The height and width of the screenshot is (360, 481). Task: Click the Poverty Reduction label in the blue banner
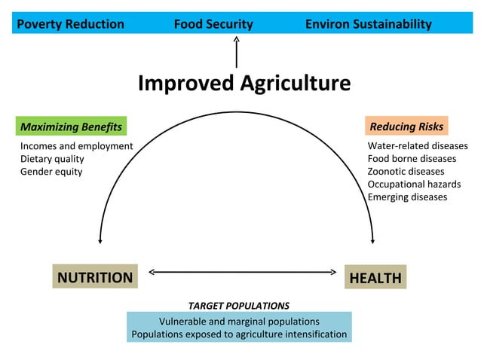coord(70,24)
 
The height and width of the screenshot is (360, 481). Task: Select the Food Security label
coord(213,24)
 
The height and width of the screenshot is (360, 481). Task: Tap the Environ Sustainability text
coord(368,24)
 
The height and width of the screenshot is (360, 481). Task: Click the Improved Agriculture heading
coord(244,84)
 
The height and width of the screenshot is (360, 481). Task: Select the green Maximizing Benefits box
coord(71,126)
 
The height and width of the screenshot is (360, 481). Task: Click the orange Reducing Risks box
coord(406,126)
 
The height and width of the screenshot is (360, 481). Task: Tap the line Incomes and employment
coord(76,146)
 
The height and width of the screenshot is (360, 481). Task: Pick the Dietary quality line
coord(52,159)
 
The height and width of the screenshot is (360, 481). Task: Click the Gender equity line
coord(51,172)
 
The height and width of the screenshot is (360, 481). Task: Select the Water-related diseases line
coord(417,146)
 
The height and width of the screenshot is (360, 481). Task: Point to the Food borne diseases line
coord(412,159)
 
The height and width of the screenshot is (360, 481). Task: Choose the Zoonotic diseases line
coord(406,172)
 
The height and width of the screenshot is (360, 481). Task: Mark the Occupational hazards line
coord(414,185)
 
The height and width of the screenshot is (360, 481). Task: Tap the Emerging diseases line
coord(407,197)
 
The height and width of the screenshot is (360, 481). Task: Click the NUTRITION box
coord(95,277)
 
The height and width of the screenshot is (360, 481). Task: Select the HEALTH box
coord(375,278)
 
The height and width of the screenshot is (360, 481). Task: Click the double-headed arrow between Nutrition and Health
coord(241,272)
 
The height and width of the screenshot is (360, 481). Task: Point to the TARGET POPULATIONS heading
coord(238,306)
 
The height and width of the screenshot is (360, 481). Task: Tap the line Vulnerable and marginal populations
coord(239,321)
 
